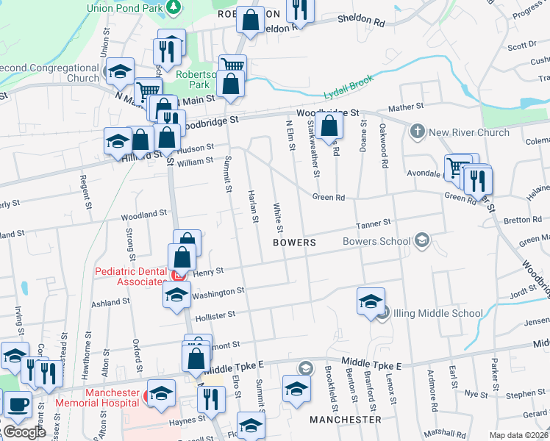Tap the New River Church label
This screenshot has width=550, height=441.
point(469,132)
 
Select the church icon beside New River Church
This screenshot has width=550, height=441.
point(418,132)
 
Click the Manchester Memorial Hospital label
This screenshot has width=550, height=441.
point(113,398)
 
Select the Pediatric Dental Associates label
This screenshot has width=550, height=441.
point(131,276)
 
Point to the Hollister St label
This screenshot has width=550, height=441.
point(215,315)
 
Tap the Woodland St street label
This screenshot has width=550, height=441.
point(145,215)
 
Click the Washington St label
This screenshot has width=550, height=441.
point(218,293)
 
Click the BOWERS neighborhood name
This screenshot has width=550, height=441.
point(294,242)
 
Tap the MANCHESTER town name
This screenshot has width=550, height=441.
point(346,419)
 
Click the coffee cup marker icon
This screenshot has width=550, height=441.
point(18,404)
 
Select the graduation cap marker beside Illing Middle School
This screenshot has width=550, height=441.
point(371,300)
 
